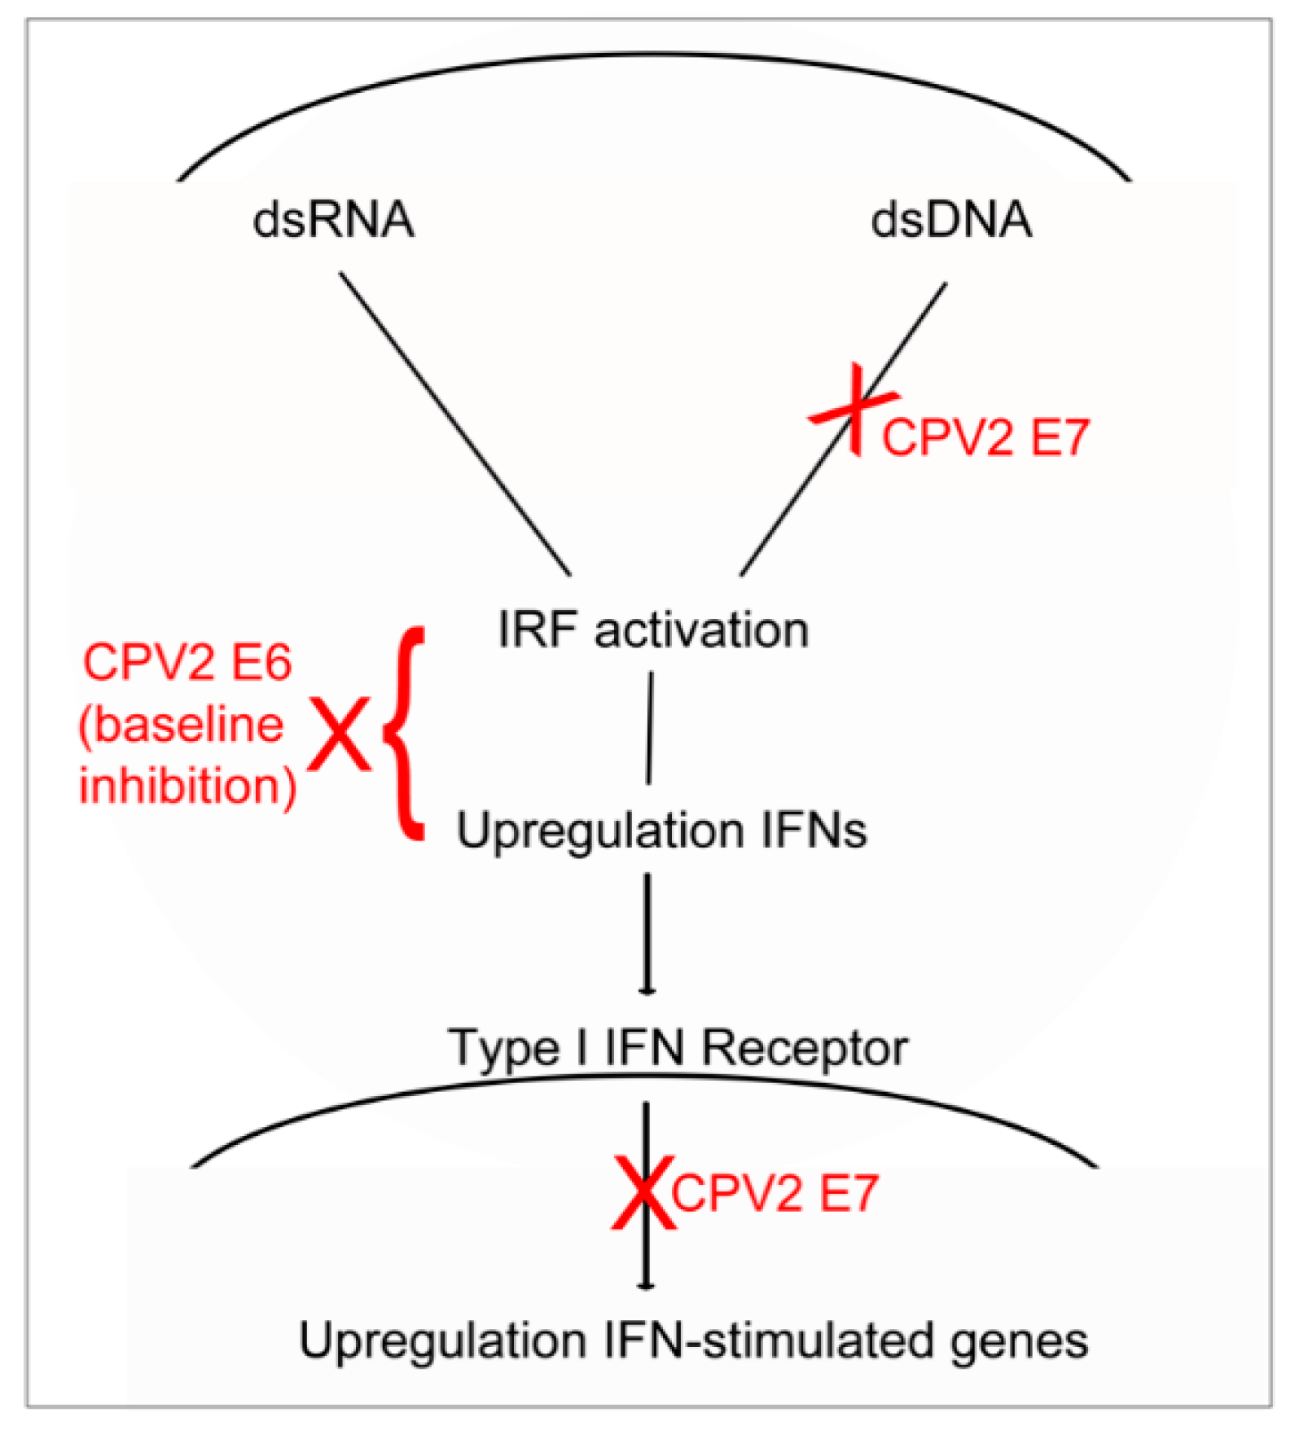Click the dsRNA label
333,220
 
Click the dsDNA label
950,220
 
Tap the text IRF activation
652,629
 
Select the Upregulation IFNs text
661,831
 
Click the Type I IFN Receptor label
678,1047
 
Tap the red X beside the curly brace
339,735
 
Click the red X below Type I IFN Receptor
643,1193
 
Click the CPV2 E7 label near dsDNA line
985,437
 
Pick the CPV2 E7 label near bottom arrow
775,1194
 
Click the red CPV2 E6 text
187,662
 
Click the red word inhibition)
187,787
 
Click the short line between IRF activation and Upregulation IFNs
650,727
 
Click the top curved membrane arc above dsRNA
652,55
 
